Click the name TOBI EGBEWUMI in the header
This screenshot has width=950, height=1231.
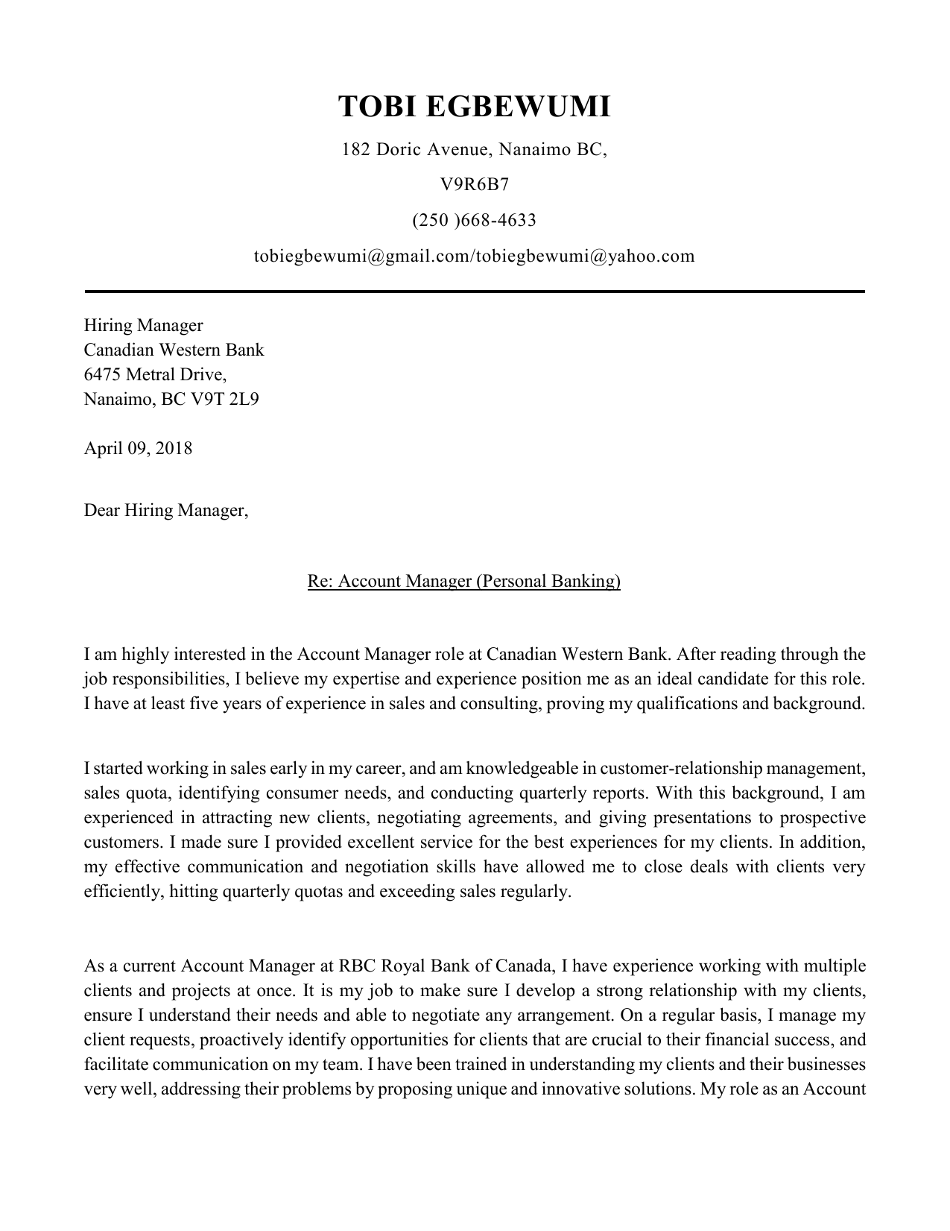(x=474, y=107)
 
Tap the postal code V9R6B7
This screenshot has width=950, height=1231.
(x=474, y=184)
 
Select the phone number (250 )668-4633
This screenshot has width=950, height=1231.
(x=474, y=220)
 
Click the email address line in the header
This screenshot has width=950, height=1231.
(x=474, y=256)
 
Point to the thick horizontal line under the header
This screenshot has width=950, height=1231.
(x=474, y=292)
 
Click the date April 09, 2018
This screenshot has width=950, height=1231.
(x=138, y=448)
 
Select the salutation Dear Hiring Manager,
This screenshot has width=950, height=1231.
(x=165, y=511)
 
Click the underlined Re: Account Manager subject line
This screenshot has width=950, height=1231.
(x=463, y=581)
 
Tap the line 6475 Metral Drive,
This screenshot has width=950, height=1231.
(x=155, y=375)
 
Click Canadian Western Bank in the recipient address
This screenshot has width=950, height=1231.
(x=174, y=350)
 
